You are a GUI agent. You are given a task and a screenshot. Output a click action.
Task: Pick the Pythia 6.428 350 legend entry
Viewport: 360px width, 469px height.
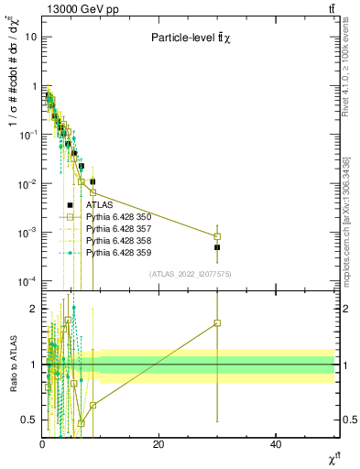coord(119,217)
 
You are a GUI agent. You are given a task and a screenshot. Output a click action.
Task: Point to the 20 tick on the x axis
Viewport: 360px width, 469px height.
coord(158,443)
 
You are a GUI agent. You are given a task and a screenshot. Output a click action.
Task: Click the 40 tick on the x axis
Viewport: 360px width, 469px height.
coord(276,443)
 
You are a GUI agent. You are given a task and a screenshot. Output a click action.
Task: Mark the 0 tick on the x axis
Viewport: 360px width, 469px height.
coord(42,443)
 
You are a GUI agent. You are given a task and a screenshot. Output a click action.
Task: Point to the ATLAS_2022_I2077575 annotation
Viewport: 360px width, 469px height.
coord(190,273)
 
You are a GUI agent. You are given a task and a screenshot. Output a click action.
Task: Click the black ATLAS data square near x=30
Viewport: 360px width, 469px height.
coord(217,247)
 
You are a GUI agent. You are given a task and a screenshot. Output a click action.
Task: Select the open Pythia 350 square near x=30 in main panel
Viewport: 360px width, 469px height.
coord(217,236)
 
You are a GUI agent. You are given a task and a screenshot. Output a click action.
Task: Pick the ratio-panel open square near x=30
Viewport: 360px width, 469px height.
coord(217,322)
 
